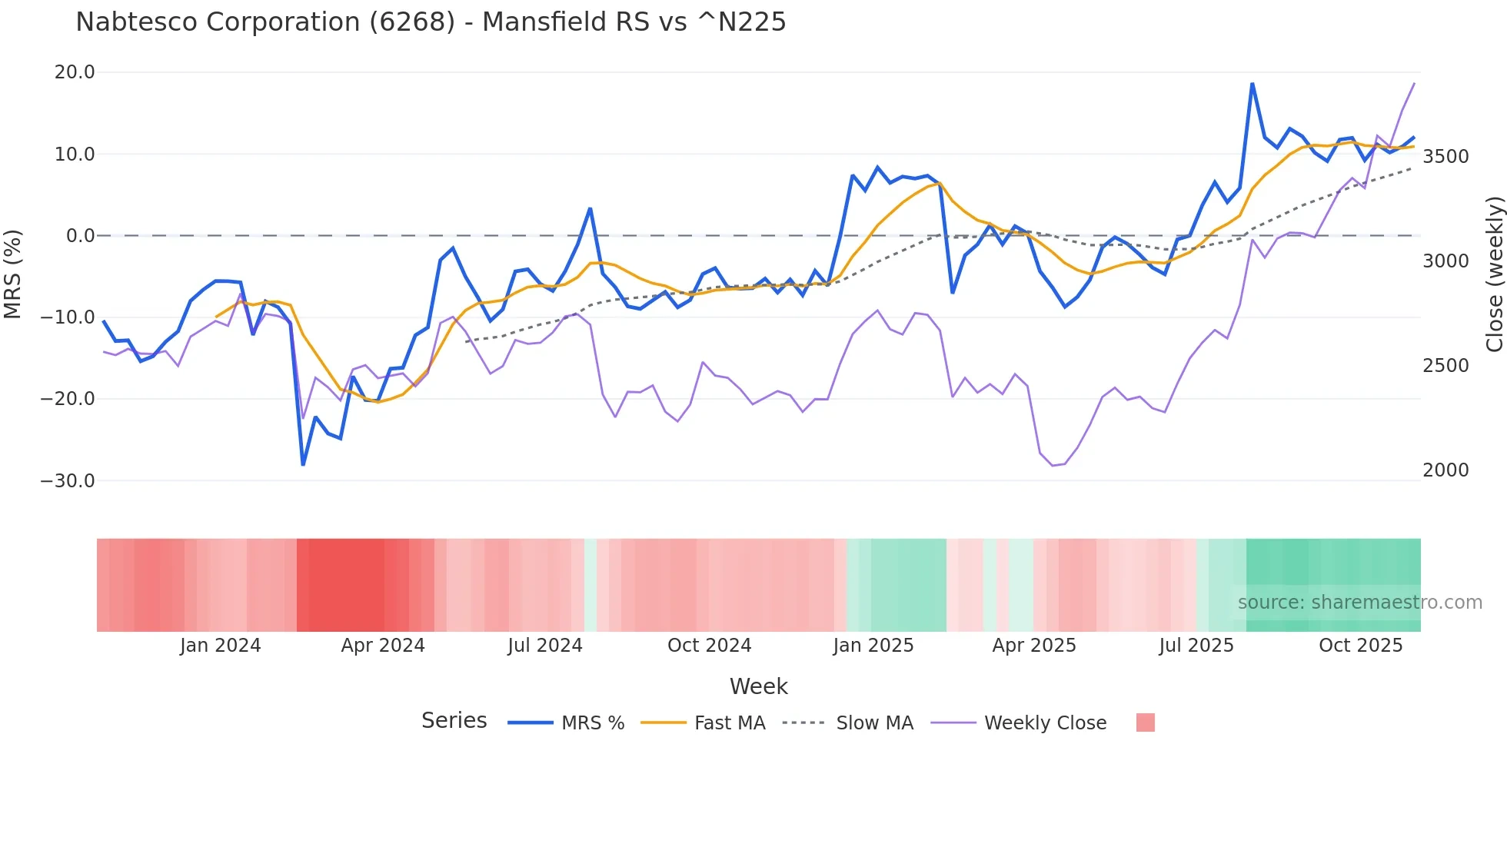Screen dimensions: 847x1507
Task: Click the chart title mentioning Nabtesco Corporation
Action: pos(431,22)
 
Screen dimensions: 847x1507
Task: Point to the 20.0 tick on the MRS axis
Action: pos(75,72)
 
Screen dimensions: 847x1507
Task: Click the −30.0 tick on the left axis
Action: pos(68,481)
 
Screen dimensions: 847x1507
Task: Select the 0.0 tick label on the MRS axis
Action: pos(80,236)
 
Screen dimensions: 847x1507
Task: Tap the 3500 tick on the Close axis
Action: pos(1445,157)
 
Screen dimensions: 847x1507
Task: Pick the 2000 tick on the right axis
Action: pos(1445,470)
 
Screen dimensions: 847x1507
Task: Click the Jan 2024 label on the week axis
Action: pos(220,646)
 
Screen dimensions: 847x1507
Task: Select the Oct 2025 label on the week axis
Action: pos(1360,646)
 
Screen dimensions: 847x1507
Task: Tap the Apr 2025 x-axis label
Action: pos(1033,646)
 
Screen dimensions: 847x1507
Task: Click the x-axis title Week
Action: pos(758,686)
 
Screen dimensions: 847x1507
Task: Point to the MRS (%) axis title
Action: pos(13,274)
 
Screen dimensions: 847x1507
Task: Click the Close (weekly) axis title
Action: pos(1494,274)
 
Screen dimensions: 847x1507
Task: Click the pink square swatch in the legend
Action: pos(1145,722)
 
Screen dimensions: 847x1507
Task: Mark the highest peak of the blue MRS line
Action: pos(1252,84)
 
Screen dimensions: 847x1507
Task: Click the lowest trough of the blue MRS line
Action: pos(303,464)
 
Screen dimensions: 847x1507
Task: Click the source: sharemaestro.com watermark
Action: pos(1359,603)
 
